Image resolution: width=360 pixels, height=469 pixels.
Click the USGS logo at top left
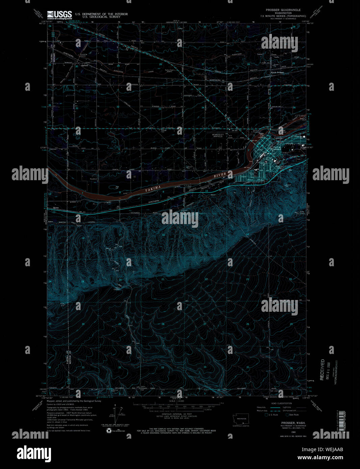59,15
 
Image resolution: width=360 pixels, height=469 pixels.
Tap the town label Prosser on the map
276,149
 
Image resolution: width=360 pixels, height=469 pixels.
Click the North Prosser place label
278,73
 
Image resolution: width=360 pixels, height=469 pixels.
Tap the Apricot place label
84,65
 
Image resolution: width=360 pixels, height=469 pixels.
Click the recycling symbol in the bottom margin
109,431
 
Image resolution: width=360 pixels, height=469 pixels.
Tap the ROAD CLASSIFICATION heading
282,403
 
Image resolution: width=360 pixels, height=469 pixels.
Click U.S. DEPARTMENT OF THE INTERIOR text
101,14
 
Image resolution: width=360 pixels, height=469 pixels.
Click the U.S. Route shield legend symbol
266,415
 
